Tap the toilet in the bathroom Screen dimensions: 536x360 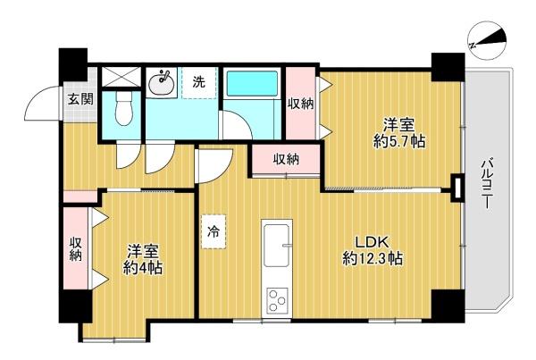click(x=123, y=108)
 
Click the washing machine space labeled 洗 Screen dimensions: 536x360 click(x=199, y=83)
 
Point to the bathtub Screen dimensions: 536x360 click(x=252, y=84)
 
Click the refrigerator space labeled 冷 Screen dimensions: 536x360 click(x=214, y=231)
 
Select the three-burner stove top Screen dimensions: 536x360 click(x=277, y=300)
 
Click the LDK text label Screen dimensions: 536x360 click(x=372, y=243)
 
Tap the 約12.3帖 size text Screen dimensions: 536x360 click(x=373, y=259)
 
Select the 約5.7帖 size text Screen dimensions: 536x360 click(x=399, y=141)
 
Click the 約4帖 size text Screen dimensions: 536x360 click(x=143, y=268)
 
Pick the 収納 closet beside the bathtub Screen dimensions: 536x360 click(x=300, y=104)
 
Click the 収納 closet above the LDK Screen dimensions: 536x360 click(x=286, y=159)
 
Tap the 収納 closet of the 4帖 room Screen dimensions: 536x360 click(x=76, y=248)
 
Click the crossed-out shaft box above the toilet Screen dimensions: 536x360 click(x=121, y=77)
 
